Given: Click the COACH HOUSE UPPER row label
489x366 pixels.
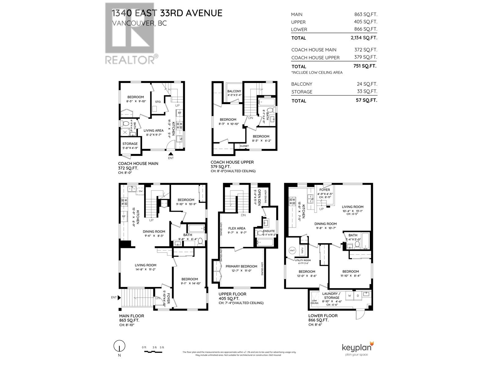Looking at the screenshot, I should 315,58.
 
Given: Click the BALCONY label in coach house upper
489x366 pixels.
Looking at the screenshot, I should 234,91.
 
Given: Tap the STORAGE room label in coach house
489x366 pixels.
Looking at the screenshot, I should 130,144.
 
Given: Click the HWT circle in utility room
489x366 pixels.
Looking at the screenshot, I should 292,250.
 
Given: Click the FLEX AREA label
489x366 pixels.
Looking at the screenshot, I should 237,228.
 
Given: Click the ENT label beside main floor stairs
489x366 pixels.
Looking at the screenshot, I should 114,297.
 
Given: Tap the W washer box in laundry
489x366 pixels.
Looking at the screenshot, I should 349,296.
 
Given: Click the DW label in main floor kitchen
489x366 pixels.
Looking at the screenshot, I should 140,191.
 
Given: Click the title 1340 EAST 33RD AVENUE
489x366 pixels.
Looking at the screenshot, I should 167,13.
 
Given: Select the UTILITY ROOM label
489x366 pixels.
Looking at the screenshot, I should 303,260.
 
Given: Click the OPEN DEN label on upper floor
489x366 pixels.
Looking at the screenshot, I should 259,197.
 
